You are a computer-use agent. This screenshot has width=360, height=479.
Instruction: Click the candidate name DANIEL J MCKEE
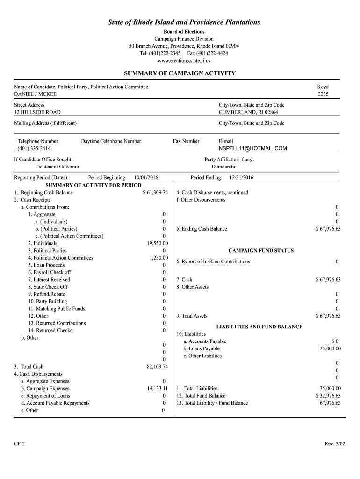pyautogui.click(x=36, y=94)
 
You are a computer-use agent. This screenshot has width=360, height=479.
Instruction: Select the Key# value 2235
pyautogui.click(x=323, y=94)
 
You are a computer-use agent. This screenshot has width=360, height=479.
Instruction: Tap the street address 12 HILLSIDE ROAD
pyautogui.click(x=37, y=112)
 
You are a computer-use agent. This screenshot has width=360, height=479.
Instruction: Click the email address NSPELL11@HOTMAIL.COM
pyautogui.click(x=252, y=148)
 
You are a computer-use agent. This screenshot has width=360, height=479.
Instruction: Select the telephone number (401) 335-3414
pyautogui.click(x=34, y=148)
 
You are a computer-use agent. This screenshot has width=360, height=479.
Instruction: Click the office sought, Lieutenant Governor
pyautogui.click(x=57, y=167)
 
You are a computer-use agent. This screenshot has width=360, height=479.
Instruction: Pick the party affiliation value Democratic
pyautogui.click(x=224, y=167)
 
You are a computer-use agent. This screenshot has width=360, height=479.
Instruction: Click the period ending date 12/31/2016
pyautogui.click(x=241, y=178)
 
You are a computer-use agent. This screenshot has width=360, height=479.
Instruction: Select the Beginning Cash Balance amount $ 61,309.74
pyautogui.click(x=155, y=193)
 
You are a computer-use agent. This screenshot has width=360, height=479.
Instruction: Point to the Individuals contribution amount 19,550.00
pyautogui.click(x=158, y=243)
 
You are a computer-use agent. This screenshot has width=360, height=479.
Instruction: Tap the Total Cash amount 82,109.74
pyautogui.click(x=157, y=367)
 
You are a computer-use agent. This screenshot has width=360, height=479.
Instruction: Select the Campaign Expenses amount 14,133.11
pyautogui.click(x=158, y=388)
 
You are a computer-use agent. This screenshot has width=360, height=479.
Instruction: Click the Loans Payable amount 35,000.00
pyautogui.click(x=330, y=348)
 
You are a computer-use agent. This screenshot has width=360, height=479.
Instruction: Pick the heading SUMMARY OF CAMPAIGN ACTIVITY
pyautogui.click(x=180, y=73)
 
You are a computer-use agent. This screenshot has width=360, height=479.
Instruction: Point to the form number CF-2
pyautogui.click(x=20, y=443)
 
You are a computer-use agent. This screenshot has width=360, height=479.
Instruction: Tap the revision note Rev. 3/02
pyautogui.click(x=333, y=443)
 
